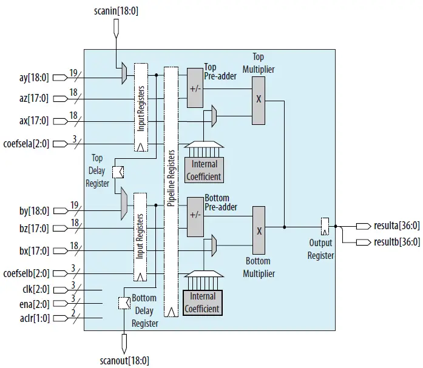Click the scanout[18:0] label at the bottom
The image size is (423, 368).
coord(124,360)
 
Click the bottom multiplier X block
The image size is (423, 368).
coord(259,231)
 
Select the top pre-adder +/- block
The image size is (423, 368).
coord(195,88)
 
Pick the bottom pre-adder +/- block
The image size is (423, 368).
coord(195,215)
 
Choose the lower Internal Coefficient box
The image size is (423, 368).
coord(203,302)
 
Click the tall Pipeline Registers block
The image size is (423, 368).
coord(171,194)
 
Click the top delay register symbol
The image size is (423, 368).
coord(118,172)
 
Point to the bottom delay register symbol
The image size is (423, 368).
coord(123,304)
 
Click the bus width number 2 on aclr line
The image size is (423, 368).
coord(73,313)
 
